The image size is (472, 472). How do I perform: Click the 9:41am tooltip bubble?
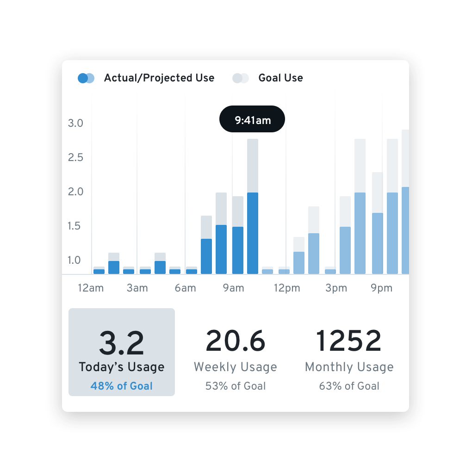pyautogui.click(x=252, y=119)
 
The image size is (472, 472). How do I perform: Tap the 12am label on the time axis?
pyautogui.click(x=91, y=288)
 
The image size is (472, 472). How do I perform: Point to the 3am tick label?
pyautogui.click(x=137, y=288)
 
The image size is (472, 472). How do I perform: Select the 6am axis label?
pyautogui.click(x=185, y=288)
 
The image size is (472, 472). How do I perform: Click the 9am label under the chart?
pyautogui.click(x=233, y=288)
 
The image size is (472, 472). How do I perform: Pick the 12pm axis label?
pyautogui.click(x=287, y=288)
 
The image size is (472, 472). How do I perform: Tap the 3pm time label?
pyautogui.click(x=336, y=288)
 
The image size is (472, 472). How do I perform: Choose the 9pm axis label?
pyautogui.click(x=381, y=288)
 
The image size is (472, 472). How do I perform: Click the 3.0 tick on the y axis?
pyautogui.click(x=75, y=123)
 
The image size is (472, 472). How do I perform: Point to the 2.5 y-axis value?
pyautogui.click(x=75, y=157)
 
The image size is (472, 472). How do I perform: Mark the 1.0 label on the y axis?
pyautogui.click(x=75, y=260)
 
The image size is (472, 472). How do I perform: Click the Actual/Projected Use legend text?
pyautogui.click(x=159, y=78)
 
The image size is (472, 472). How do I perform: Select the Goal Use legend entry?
pyautogui.click(x=280, y=78)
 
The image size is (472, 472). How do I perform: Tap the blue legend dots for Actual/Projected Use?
pyautogui.click(x=86, y=78)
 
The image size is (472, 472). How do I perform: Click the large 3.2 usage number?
pyautogui.click(x=122, y=342)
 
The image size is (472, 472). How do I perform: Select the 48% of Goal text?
pyautogui.click(x=122, y=386)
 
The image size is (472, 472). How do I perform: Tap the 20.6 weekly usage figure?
pyautogui.click(x=236, y=341)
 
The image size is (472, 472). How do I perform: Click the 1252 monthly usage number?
pyautogui.click(x=349, y=341)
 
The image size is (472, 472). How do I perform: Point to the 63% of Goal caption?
pyautogui.click(x=349, y=386)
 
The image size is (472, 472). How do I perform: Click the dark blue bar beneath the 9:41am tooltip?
pyautogui.click(x=253, y=233)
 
